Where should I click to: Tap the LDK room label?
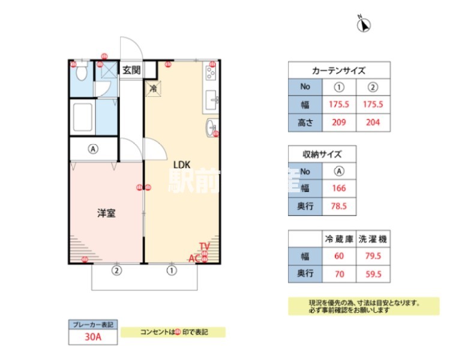point(182,164)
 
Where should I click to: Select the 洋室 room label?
point(106,213)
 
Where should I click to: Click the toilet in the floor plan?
point(82,73)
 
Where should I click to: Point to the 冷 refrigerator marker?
point(153,89)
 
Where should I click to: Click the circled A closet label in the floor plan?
point(93,149)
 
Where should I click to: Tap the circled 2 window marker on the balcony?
point(117,271)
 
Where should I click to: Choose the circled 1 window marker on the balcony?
point(172,271)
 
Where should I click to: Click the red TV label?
point(205,246)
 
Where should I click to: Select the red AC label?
point(194,259)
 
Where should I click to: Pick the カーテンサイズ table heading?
point(339,70)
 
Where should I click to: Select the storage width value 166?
point(339,188)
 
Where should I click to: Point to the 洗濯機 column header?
point(373,239)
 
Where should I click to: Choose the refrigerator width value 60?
point(339,256)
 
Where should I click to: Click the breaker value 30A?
point(93,337)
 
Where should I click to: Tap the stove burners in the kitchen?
point(211,73)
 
